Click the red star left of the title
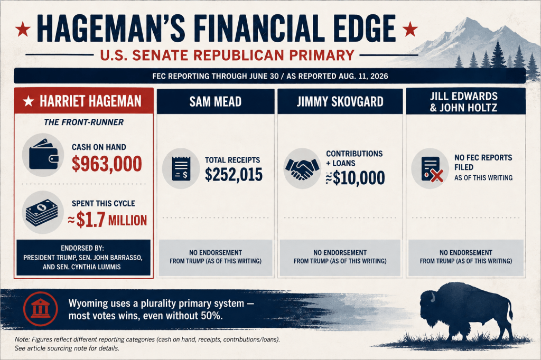23,29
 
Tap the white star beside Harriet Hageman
29,101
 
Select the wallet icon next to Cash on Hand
43,155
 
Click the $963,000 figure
107,164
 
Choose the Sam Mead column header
216,101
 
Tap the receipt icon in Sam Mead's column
181,168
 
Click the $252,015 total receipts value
234,175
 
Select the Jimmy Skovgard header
340,101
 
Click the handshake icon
302,168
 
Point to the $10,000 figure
356,177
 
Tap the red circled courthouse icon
40,309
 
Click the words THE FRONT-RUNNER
84,122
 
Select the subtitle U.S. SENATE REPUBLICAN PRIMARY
227,55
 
